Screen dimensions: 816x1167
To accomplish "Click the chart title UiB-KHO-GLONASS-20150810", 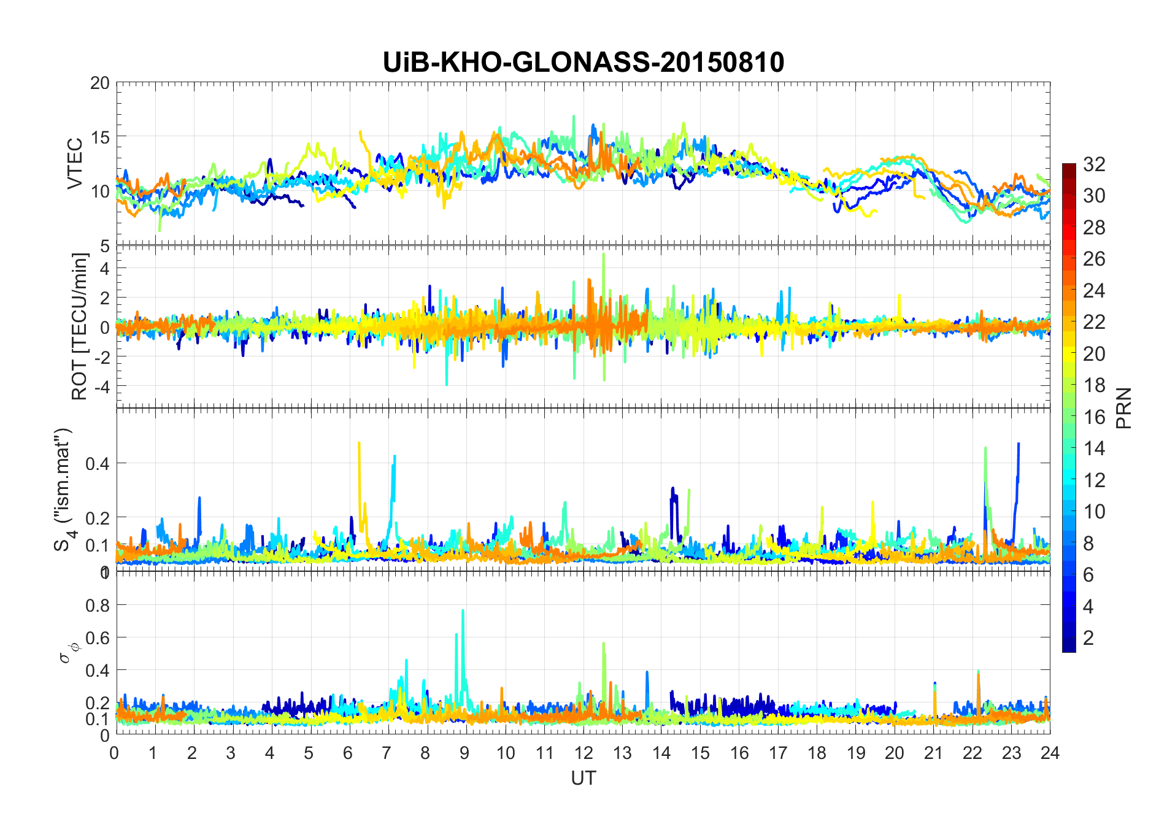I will tap(583, 63).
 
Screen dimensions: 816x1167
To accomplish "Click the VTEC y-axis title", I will tap(75, 164).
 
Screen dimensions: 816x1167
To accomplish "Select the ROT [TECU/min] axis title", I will tap(80, 326).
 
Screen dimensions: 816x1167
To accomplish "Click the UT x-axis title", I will tap(583, 778).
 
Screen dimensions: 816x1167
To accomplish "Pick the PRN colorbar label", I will tap(1123, 408).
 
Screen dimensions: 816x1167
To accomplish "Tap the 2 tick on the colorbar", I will tap(1088, 638).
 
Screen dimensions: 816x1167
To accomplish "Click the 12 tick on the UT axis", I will tap(583, 753).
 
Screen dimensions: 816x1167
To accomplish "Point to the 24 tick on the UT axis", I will tap(1050, 753).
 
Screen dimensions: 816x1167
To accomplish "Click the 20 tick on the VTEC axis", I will tap(100, 83).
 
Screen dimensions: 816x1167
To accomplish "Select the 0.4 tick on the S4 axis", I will tap(98, 463).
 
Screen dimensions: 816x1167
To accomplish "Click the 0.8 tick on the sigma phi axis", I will tap(98, 605).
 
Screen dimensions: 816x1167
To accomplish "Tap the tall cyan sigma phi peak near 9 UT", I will tap(463, 611).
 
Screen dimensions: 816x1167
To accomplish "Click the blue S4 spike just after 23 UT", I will tap(1019, 445).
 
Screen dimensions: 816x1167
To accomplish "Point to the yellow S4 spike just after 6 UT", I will tap(359, 443).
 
